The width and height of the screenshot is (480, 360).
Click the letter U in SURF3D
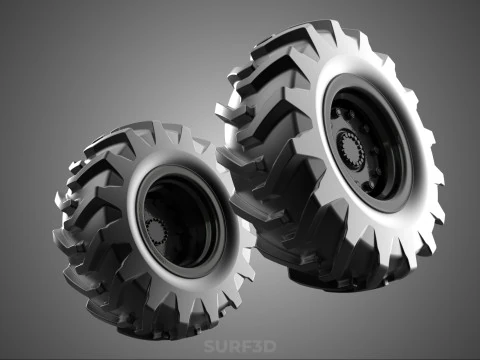[220, 347]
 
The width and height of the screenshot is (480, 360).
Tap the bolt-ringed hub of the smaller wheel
[157, 231]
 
